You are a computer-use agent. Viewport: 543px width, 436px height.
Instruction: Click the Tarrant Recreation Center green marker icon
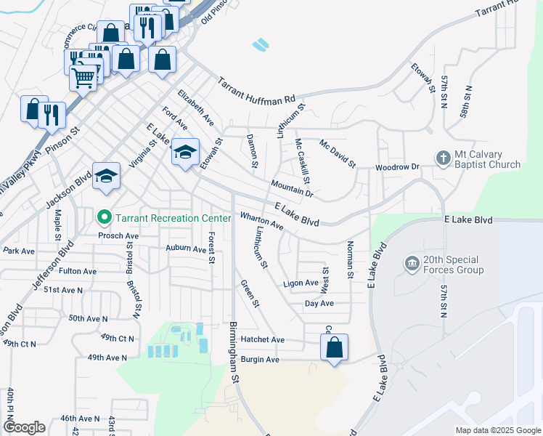[x=104, y=217]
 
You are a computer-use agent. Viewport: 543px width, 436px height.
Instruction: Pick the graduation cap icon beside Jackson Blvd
[x=107, y=176]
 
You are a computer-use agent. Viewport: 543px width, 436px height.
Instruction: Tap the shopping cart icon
[x=84, y=76]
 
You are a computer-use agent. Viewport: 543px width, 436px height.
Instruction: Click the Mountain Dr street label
[x=292, y=189]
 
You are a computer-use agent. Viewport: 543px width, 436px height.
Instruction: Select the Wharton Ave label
[x=261, y=221]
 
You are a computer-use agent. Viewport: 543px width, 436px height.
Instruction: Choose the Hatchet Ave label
[x=264, y=339]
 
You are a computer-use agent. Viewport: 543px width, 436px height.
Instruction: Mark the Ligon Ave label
[x=301, y=283]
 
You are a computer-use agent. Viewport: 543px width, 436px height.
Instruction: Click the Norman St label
[x=350, y=259]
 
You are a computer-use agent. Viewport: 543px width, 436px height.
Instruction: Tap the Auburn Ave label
[x=186, y=249]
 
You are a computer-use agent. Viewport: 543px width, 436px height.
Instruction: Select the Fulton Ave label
[x=78, y=271]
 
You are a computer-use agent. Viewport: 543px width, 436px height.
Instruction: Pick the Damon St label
[x=253, y=150]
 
